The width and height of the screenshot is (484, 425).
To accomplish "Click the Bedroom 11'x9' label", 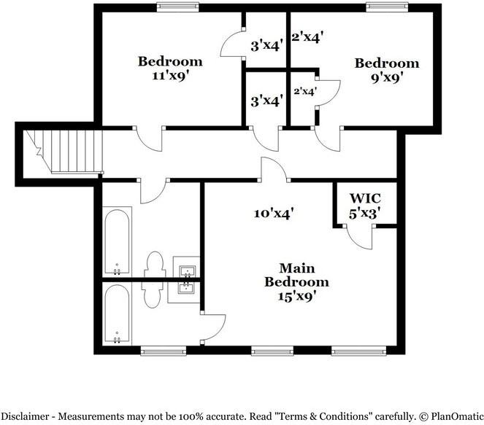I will (x=169, y=67).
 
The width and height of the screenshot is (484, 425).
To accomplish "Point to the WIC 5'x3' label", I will (x=365, y=206).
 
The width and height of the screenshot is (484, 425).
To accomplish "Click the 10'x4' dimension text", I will (x=273, y=214).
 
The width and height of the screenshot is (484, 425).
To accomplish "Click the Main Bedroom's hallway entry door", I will (x=274, y=169).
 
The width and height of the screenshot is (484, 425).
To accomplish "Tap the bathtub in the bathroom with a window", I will (x=117, y=313).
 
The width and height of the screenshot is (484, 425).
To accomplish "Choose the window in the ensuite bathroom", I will (x=160, y=351).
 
